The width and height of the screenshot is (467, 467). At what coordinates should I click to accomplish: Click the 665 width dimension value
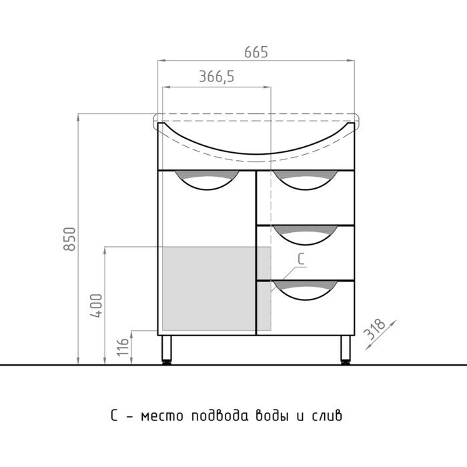pyautogui.click(x=256, y=52)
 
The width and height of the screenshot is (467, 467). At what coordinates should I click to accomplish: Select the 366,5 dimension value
pyautogui.click(x=216, y=78)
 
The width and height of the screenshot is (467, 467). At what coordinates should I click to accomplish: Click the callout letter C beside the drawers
pyautogui.click(x=301, y=262)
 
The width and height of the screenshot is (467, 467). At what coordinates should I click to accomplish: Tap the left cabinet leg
pyautogui.click(x=167, y=348)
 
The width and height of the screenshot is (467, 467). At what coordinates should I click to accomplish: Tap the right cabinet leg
pyautogui.click(x=346, y=348)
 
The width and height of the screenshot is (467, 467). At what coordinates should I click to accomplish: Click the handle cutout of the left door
pyautogui.click(x=206, y=181)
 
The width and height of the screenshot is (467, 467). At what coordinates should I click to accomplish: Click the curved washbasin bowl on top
pyautogui.click(x=256, y=143)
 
